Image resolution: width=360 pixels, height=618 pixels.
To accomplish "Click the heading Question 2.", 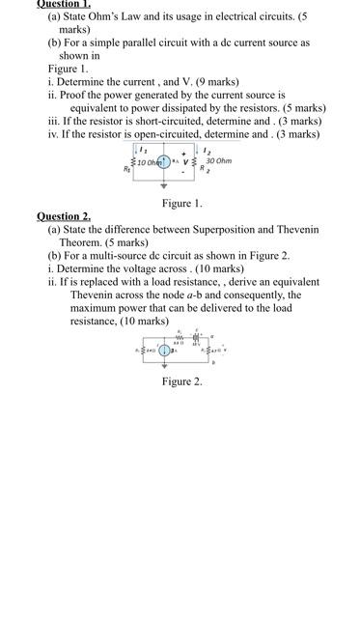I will (x=64, y=215).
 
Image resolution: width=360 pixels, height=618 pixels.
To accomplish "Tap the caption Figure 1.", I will (x=181, y=203).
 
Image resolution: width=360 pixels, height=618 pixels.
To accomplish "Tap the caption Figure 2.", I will (x=181, y=381).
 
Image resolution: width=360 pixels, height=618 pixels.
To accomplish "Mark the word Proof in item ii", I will (x=78, y=96).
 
